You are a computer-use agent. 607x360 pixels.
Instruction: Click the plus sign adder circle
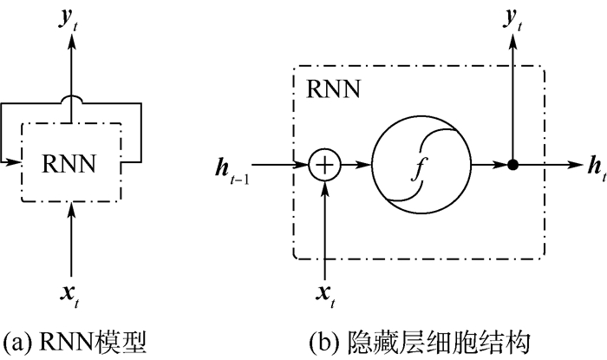[326, 163]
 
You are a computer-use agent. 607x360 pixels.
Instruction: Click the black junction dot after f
[513, 163]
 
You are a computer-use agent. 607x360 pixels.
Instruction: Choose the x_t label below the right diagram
[326, 296]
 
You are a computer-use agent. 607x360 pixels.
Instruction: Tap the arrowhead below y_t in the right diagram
[513, 43]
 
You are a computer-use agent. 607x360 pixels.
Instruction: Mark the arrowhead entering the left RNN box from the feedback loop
[16, 160]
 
